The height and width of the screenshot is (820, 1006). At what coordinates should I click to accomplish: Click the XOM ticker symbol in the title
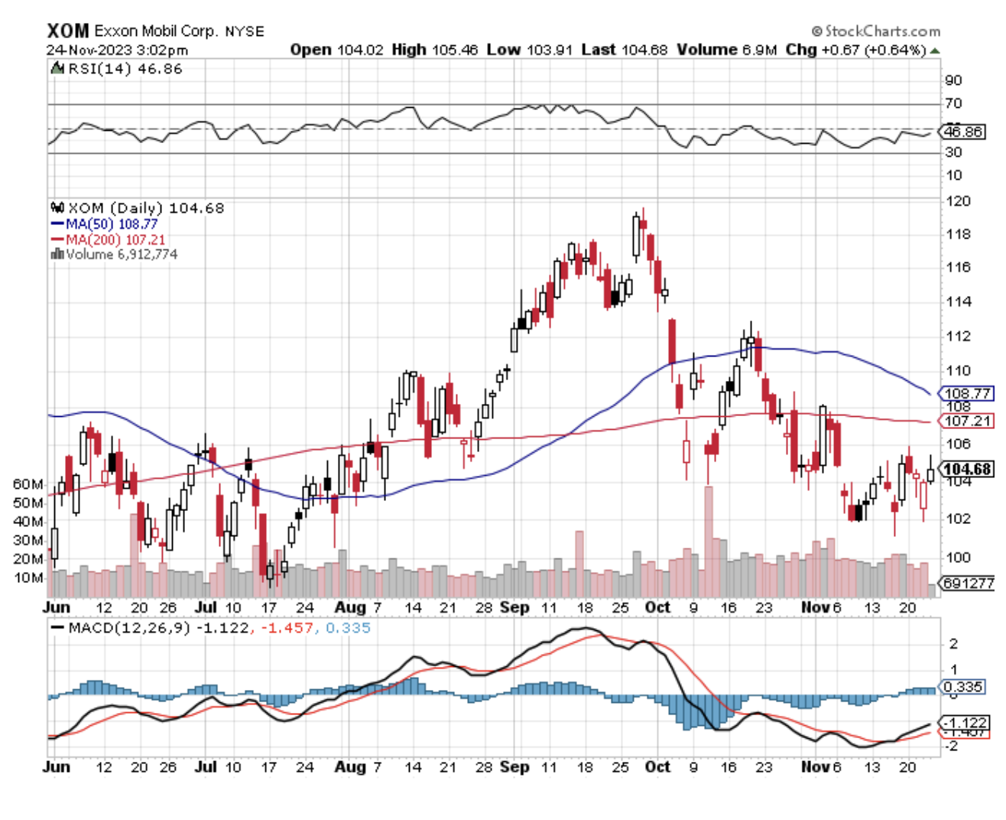[67, 31]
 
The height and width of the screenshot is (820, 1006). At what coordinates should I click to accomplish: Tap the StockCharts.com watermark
[876, 31]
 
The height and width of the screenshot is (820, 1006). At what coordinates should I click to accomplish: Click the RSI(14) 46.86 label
[125, 69]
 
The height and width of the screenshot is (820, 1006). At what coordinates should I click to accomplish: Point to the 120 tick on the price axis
[958, 201]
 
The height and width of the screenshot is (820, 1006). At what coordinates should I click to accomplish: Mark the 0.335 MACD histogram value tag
[963, 686]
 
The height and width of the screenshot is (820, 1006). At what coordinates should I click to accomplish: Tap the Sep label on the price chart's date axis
[514, 607]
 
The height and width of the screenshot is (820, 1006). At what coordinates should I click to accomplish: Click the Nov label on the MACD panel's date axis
[814, 766]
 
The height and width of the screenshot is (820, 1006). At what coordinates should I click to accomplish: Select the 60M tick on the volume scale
[28, 484]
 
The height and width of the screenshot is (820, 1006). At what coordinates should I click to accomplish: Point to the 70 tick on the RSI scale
[953, 103]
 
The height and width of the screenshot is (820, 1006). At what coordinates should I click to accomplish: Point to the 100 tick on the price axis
[958, 557]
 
